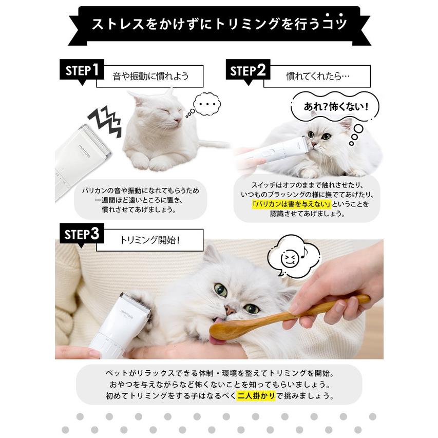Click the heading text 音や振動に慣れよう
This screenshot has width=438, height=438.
coord(150,76)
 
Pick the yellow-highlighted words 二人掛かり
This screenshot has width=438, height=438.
coord(256,396)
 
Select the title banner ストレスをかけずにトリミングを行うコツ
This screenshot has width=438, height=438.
coord(219,24)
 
